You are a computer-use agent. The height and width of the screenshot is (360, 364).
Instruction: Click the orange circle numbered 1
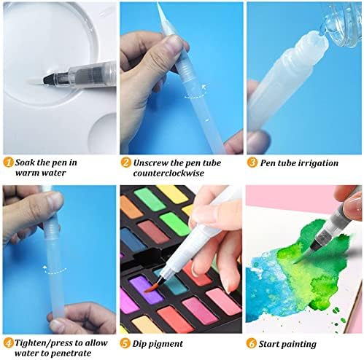point(7,163)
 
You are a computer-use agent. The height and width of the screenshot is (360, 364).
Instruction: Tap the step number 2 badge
point(126,163)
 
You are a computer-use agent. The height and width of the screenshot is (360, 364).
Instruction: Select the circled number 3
point(252,163)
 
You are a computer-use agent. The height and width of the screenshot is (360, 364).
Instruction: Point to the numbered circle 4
point(7,342)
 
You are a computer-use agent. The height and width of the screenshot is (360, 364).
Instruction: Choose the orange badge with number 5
point(126,343)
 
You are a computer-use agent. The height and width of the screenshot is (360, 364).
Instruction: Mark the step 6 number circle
point(252,343)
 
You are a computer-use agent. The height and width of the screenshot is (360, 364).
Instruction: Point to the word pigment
point(170,343)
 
